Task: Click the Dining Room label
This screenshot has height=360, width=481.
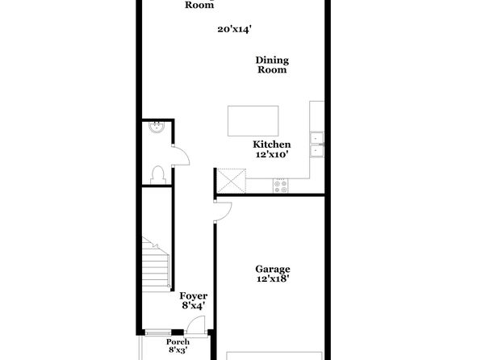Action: click(272, 65)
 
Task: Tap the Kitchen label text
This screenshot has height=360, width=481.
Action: click(272, 144)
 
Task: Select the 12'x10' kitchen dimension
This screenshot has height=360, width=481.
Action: click(273, 154)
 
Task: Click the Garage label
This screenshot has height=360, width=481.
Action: click(273, 269)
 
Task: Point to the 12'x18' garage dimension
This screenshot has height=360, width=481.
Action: click(273, 278)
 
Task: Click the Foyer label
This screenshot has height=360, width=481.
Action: click(193, 296)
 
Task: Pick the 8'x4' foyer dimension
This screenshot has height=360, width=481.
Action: click(193, 305)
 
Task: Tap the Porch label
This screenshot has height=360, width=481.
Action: click(178, 342)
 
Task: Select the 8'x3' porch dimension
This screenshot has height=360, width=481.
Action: click(178, 350)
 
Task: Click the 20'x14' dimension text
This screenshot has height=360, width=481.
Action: click(235, 29)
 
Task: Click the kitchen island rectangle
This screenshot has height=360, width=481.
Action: click(253, 121)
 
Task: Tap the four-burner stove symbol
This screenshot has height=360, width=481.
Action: click(281, 186)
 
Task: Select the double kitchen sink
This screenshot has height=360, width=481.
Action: click(317, 144)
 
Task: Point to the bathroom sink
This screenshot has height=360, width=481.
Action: click(157, 128)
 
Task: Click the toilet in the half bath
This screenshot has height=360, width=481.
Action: click(158, 175)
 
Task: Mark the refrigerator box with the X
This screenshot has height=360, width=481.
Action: click(232, 181)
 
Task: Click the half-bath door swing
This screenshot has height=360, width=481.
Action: click(181, 156)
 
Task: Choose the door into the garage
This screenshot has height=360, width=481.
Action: click(223, 211)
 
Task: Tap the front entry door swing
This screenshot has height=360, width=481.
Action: click(195, 325)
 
